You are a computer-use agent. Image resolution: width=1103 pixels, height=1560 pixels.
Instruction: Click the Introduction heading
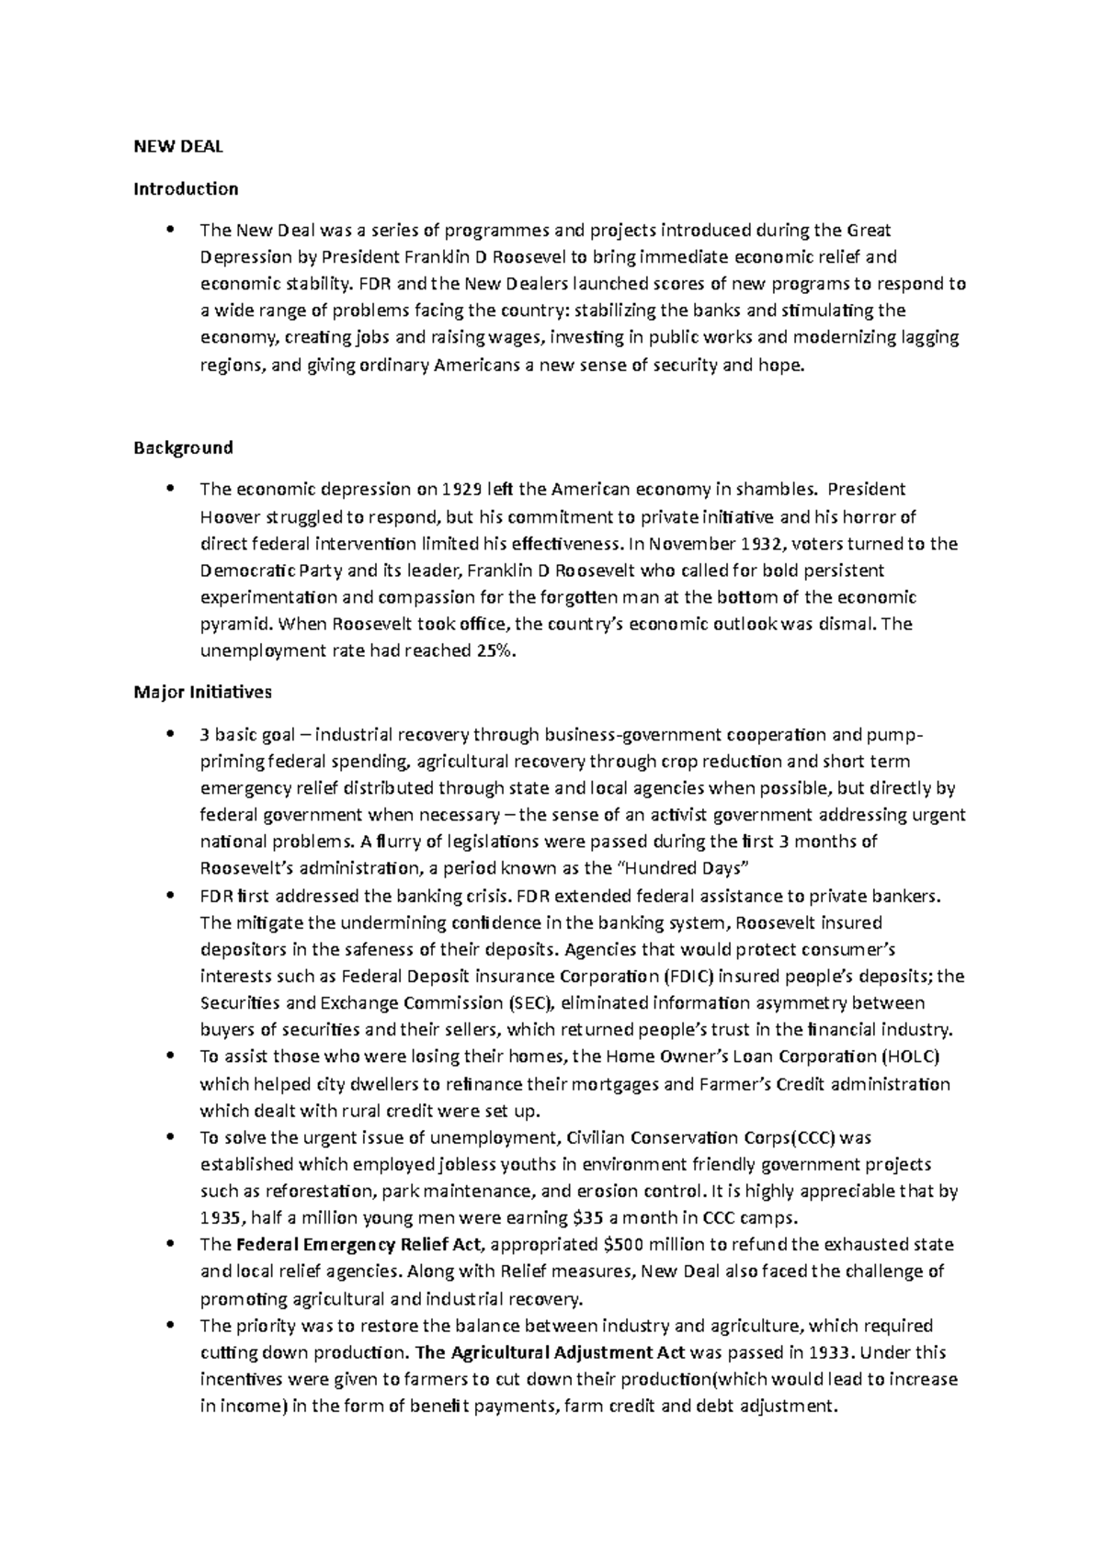186,189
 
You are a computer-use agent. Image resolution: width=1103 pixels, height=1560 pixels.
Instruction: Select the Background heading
183,448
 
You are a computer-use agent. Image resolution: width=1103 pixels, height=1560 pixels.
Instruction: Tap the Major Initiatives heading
202,691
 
